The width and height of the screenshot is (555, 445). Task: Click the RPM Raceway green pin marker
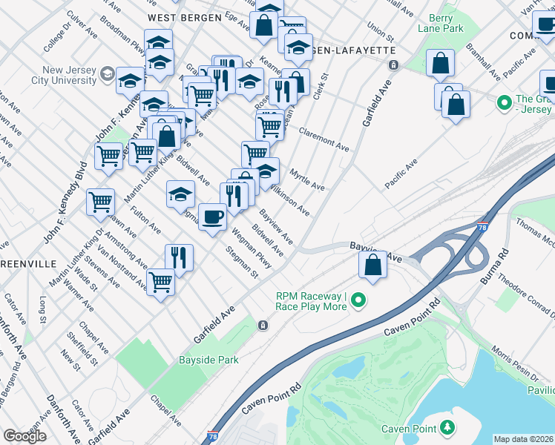(359, 301)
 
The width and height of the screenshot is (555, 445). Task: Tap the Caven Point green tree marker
(447, 427)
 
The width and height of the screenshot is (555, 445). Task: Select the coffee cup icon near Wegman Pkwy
(212, 217)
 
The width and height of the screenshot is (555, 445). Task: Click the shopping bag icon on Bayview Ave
(372, 265)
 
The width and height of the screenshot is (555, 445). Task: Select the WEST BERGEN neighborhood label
(184, 16)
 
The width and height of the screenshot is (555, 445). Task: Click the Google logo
(24, 436)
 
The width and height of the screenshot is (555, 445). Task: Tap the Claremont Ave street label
(324, 138)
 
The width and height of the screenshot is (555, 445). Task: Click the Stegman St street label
(243, 266)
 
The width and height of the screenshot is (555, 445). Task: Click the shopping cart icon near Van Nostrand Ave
(160, 282)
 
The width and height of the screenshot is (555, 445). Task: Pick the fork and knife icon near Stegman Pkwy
(179, 258)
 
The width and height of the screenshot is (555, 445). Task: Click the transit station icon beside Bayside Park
(263, 326)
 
